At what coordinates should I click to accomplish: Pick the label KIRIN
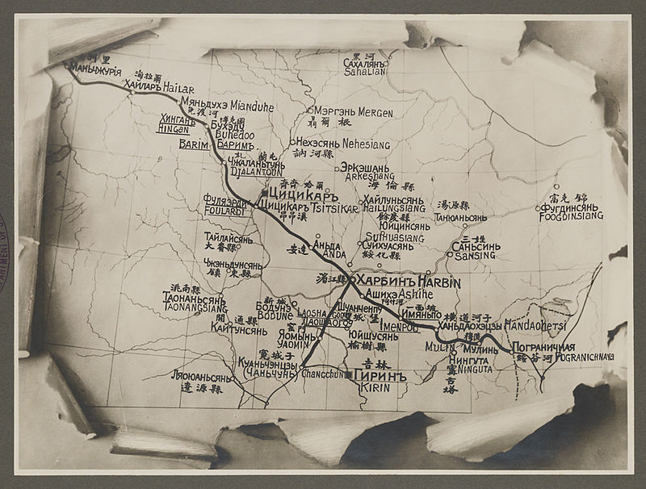pyautogui.click(x=375, y=387)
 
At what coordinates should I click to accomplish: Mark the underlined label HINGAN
pyautogui.click(x=173, y=128)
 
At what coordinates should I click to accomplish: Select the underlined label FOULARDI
pyautogui.click(x=225, y=211)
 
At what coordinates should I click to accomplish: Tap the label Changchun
pyautogui.click(x=322, y=374)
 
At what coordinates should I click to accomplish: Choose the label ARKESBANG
pyautogui.click(x=367, y=175)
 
